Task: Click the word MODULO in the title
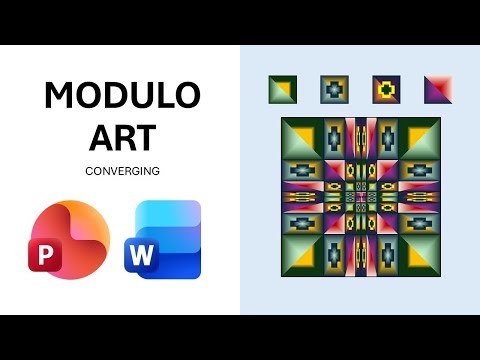click(122, 96)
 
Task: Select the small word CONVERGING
click(122, 170)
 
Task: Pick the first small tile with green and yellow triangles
click(283, 90)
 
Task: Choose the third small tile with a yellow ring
click(387, 90)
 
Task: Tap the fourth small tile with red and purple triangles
click(438, 90)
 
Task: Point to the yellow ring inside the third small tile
click(387, 90)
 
